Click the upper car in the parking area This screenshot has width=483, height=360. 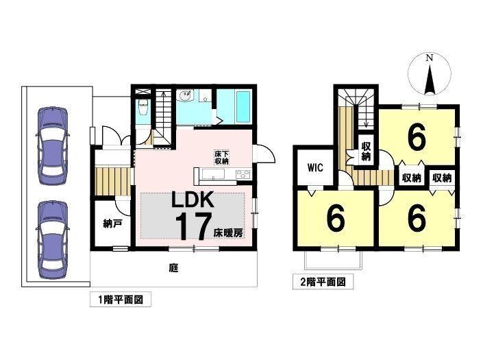[52, 146]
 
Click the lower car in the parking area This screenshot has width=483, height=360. [52, 240]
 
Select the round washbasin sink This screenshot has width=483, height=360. [186, 96]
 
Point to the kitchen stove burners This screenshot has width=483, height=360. [244, 174]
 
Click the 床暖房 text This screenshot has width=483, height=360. [228, 233]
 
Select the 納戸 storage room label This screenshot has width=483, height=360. [112, 224]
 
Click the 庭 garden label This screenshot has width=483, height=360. [174, 268]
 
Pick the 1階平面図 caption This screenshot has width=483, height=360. [121, 299]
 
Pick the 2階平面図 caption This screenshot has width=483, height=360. [323, 282]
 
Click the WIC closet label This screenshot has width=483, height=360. [315, 168]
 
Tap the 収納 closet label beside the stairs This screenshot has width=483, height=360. [366, 152]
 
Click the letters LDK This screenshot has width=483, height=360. [193, 200]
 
